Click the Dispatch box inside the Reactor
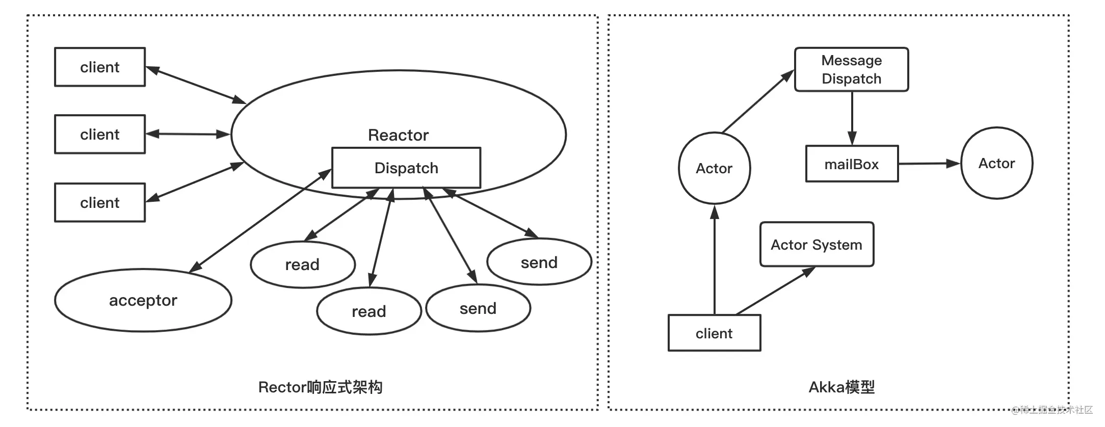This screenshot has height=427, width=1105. pyautogui.click(x=406, y=168)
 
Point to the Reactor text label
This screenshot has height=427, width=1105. pyautogui.click(x=398, y=135)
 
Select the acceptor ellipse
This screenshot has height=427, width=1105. pyautogui.click(x=143, y=300)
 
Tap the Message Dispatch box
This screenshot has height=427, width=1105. pyautogui.click(x=851, y=69)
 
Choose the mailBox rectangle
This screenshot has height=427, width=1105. pyautogui.click(x=852, y=164)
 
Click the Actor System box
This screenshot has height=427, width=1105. pyautogui.click(x=817, y=244)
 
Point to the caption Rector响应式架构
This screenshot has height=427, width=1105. pyautogui.click(x=320, y=387)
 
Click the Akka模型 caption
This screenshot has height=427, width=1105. pyautogui.click(x=841, y=387)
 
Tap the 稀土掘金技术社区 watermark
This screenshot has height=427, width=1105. pyautogui.click(x=1052, y=410)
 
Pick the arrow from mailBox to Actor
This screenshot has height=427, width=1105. pyautogui.click(x=929, y=164)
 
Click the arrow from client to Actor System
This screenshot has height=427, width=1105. pyautogui.click(x=775, y=290)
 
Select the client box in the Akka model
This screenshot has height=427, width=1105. pyautogui.click(x=714, y=333)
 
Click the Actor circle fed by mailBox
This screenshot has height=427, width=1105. pyautogui.click(x=996, y=163)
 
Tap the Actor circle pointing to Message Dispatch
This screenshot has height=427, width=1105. pyautogui.click(x=714, y=168)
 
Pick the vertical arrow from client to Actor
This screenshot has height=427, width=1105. pyautogui.click(x=715, y=259)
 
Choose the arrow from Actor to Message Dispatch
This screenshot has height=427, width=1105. pyautogui.click(x=758, y=101)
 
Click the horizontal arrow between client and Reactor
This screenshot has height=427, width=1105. pyautogui.click(x=188, y=134)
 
